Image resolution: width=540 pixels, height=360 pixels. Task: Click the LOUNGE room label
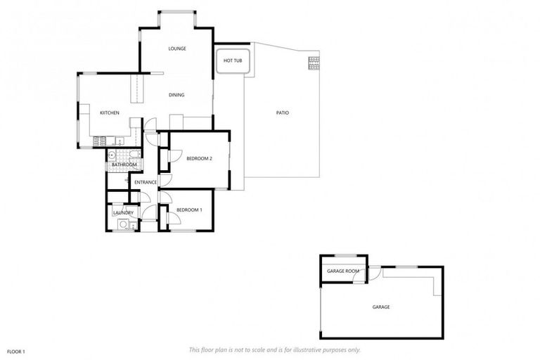point(176,49)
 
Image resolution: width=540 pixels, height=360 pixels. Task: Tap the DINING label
point(176,95)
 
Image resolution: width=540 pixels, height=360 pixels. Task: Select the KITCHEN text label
point(110,113)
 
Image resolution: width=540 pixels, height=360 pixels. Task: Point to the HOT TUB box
point(233,61)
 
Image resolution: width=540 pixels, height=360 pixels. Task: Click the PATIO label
point(282,112)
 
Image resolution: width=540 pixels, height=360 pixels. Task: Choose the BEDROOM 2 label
point(199,159)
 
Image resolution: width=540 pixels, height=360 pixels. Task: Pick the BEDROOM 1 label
point(188,210)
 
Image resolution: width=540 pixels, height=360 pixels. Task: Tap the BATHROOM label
point(124,165)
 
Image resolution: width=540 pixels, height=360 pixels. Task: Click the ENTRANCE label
point(146,183)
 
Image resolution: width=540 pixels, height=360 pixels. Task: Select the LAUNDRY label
point(123,212)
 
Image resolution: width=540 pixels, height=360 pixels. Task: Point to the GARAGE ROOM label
point(343,271)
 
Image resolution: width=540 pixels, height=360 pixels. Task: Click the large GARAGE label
point(380,307)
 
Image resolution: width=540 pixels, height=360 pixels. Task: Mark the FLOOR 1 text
point(16,351)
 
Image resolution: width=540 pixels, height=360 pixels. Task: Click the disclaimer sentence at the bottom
point(275,349)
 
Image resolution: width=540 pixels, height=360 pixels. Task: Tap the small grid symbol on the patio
point(313,63)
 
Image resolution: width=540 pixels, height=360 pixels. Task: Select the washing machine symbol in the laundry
point(123,224)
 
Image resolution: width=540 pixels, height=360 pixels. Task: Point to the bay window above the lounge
point(176,12)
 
